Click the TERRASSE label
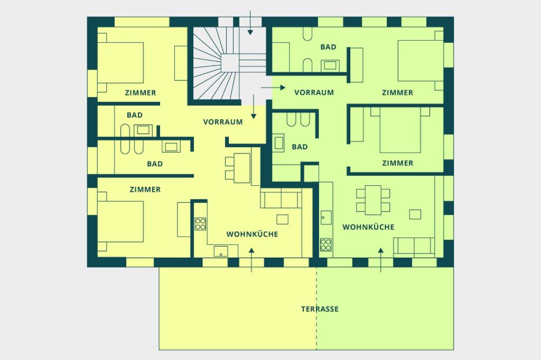(x=320, y=309)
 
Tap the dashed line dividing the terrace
(x=316, y=308)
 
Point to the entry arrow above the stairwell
(x=250, y=22)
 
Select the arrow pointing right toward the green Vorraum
(x=273, y=88)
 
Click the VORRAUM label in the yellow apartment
(x=223, y=122)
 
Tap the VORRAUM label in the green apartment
(x=314, y=92)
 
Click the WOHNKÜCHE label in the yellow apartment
(x=252, y=234)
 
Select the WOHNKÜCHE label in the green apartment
(x=368, y=227)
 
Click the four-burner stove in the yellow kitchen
(x=200, y=224)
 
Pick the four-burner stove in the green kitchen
(x=325, y=244)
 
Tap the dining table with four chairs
(x=373, y=200)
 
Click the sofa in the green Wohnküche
(x=414, y=247)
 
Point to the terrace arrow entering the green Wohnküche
(x=381, y=260)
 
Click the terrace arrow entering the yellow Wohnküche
(x=251, y=260)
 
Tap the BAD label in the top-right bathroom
(x=328, y=47)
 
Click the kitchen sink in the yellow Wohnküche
(x=221, y=251)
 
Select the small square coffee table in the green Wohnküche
(x=415, y=214)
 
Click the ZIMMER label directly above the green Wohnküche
(x=397, y=163)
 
